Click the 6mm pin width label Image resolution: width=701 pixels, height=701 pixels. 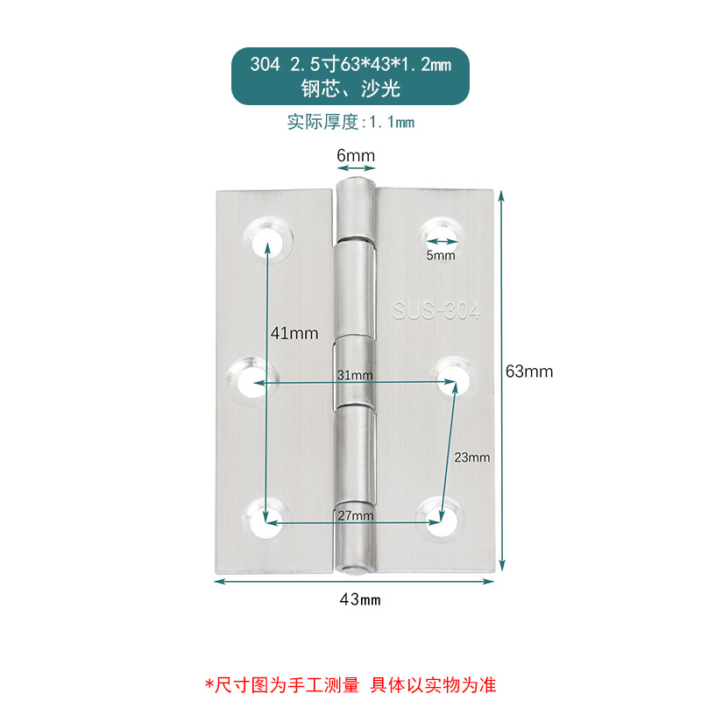click(356, 156)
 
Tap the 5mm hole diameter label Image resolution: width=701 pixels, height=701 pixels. click(441, 256)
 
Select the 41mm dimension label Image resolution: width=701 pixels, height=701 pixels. click(294, 333)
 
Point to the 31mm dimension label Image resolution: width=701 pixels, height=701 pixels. click(356, 375)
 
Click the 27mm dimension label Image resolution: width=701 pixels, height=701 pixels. click(356, 516)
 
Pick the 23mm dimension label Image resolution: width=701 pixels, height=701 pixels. click(472, 457)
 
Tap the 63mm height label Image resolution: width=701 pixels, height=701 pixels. click(529, 371)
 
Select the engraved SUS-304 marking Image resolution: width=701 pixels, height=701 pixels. click(436, 311)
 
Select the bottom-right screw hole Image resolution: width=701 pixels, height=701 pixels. click(439, 518)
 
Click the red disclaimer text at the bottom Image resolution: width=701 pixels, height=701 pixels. click(350, 683)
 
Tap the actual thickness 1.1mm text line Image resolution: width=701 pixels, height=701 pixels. click(350, 122)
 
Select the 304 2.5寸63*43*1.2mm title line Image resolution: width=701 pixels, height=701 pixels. click(350, 65)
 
